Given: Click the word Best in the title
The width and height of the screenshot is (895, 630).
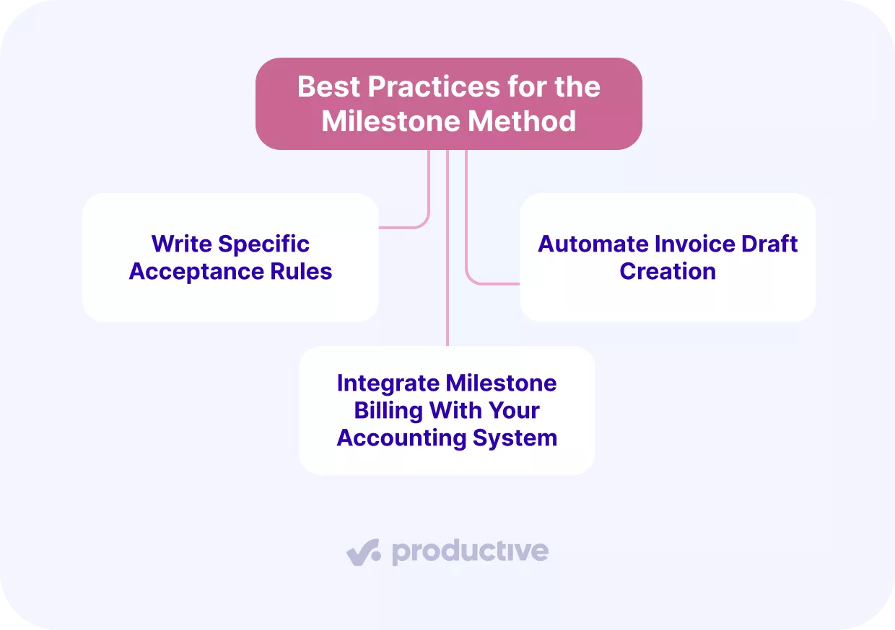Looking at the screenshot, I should [x=329, y=87].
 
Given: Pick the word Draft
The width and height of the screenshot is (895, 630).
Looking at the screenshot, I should [x=769, y=244].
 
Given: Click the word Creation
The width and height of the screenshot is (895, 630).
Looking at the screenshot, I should [x=668, y=272].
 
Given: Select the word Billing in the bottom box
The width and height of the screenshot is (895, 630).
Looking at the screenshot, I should [x=388, y=410].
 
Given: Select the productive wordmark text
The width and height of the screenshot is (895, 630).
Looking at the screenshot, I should [x=470, y=552].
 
